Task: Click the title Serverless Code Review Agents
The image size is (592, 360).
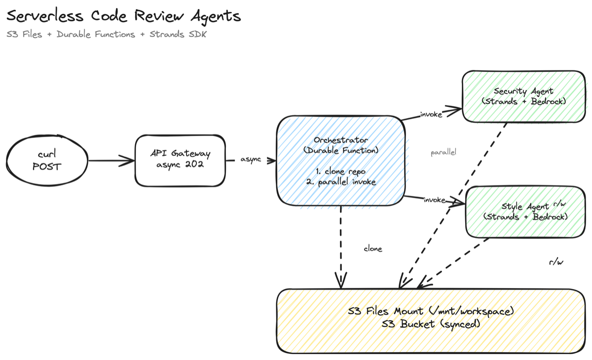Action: pos(123,16)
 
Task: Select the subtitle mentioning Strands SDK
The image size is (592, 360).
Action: pos(106,35)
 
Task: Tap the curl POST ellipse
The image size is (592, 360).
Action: pos(47,160)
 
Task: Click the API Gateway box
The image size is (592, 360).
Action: pos(180,160)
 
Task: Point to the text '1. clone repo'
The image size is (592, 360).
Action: pos(340,172)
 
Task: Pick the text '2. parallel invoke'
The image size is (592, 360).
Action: pos(340,182)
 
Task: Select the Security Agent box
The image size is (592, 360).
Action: pos(523,96)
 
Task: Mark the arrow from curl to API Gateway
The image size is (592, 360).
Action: pos(111,160)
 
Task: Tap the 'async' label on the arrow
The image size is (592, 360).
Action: pos(251,160)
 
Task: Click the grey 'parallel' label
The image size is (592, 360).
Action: pos(444,152)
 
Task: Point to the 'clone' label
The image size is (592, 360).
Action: pos(373,249)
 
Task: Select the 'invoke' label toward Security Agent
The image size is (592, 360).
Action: pos(431,114)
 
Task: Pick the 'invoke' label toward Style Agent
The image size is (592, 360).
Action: pos(434,200)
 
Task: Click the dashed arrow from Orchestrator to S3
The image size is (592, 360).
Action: pos(340,247)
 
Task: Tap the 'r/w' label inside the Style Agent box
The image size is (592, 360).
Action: pos(560,203)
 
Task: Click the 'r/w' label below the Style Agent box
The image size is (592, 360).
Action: pos(555,262)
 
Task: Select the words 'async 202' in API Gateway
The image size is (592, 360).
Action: pos(180,166)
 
